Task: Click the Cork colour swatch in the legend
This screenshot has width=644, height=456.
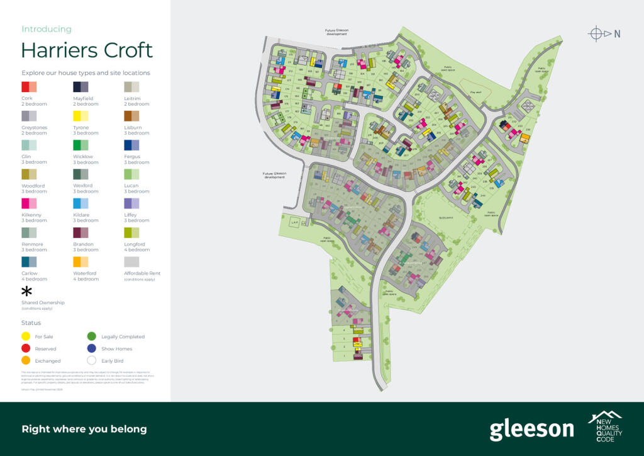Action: coord(30,87)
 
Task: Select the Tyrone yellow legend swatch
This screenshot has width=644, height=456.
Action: coord(81,116)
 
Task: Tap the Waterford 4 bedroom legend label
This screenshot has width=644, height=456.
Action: coord(86,276)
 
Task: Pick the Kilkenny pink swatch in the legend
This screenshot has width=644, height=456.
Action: coord(30,203)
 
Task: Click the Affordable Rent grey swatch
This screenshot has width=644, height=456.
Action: coord(132,261)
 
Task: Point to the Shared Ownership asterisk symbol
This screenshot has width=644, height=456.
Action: coord(27,292)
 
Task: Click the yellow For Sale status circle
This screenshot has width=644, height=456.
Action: coord(26,336)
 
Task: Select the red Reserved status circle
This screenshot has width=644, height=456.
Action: coord(26,348)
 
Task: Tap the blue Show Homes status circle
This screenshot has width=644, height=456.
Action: coord(92,348)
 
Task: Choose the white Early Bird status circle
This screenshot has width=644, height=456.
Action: coord(92,361)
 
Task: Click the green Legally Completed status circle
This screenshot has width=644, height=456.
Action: coord(92,336)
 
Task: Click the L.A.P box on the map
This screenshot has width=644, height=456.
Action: coord(294,222)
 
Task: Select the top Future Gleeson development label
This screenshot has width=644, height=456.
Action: coord(337,32)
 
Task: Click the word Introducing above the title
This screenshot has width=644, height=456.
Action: coord(47,29)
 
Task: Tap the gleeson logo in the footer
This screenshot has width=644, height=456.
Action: coord(531,430)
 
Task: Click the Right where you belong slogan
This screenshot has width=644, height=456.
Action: coord(84,430)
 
